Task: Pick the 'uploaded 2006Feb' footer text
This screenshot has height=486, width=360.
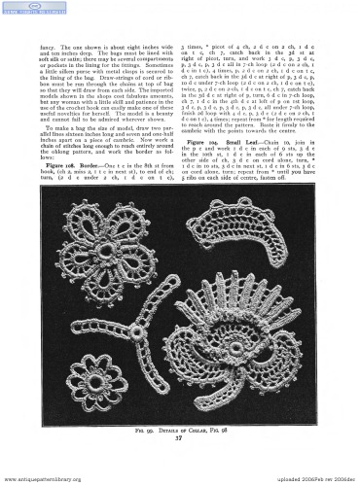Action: tap(292, 480)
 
